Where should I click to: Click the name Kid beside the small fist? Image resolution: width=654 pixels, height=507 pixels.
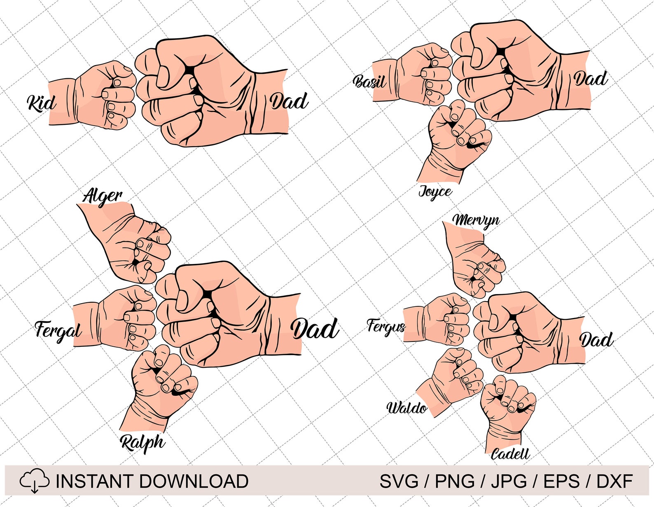41,103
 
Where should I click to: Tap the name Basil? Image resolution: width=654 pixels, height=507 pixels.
369,81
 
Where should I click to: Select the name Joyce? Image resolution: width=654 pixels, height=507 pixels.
435,192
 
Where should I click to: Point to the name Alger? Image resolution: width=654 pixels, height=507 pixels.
102,196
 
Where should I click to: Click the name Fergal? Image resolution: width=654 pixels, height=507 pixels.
58,330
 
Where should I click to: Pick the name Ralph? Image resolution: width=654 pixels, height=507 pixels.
142,443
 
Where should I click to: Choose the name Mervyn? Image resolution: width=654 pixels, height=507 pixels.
476,221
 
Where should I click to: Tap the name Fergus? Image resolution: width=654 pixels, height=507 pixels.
385,327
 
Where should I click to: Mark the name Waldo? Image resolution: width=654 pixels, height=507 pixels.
407,408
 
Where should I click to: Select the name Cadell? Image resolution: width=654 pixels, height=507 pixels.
510,454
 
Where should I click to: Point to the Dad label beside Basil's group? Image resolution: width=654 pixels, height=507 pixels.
591,79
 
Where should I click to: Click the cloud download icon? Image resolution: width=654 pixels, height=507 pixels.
35,481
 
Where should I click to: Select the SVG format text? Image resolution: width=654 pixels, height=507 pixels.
399,481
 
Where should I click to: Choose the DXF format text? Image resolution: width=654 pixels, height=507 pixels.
614,481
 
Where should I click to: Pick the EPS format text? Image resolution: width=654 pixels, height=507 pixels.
562,481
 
